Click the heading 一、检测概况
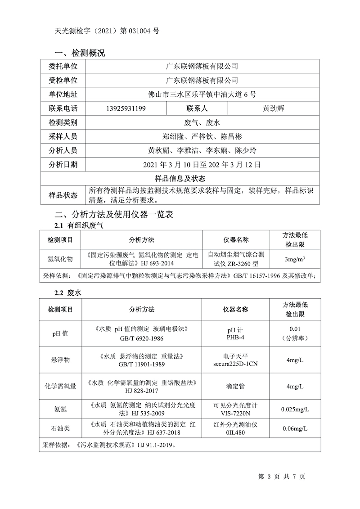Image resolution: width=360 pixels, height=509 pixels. click(x=80, y=53)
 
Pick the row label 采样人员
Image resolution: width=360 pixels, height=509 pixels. click(x=63, y=136)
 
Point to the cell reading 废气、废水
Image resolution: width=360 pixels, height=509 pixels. click(x=202, y=122)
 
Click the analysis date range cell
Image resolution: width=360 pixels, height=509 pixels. click(x=202, y=164)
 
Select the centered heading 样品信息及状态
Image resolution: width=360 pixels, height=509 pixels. click(x=180, y=178)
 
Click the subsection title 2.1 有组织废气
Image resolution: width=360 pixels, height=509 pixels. click(x=79, y=225)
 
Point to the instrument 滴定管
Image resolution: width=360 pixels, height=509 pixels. click(x=236, y=386)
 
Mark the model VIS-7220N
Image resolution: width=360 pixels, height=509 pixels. click(x=236, y=413)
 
